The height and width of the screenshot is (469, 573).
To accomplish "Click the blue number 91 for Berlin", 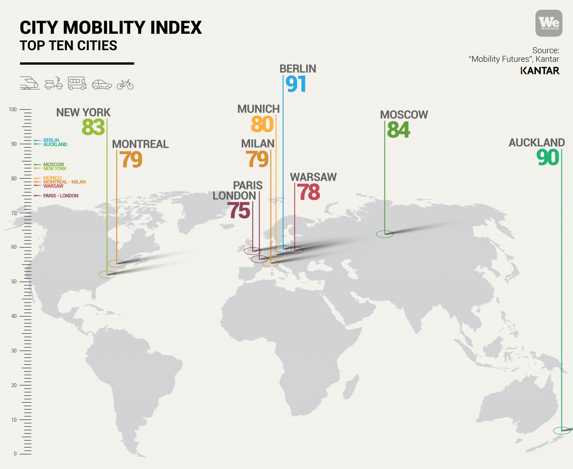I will coord(295,84).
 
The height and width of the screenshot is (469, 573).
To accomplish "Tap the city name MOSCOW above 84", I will coord(404,115).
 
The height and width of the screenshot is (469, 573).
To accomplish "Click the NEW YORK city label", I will coord(83,113).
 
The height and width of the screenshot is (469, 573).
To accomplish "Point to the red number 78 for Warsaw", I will coord(308,192).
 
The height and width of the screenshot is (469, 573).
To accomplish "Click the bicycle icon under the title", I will coord(125,85).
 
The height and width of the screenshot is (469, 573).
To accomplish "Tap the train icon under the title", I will coord(30,83).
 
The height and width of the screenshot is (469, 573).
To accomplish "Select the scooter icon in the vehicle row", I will coord(54,84).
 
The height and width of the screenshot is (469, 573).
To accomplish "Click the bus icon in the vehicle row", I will coord(77,83).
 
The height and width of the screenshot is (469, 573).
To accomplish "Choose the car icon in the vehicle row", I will coord(102,85).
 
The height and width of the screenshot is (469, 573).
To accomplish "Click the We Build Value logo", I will coord(549,23).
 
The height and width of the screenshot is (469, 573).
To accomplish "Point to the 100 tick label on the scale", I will coord(13,109).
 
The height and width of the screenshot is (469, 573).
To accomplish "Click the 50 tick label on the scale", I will coord(14,282).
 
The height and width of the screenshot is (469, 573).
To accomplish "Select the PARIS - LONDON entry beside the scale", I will coord(61,196).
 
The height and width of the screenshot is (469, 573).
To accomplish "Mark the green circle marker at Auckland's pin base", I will coord(561,431).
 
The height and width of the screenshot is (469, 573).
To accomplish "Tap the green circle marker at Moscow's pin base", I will coord(385,234).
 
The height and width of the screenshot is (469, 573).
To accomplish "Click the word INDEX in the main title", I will coord(176,28).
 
